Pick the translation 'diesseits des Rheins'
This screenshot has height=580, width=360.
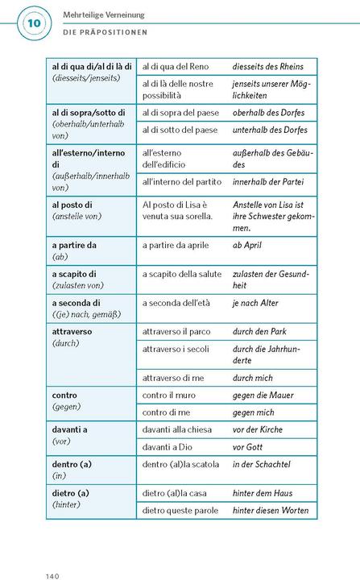pos(268,66)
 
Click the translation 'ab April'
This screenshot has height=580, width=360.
pos(246,245)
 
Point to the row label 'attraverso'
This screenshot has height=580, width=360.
pos(72,331)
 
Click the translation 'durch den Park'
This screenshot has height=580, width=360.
pos(259,331)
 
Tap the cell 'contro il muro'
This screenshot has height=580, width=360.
pos(172,396)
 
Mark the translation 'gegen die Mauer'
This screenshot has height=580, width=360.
pos(263,396)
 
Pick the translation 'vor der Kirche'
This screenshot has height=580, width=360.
pos(258,429)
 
